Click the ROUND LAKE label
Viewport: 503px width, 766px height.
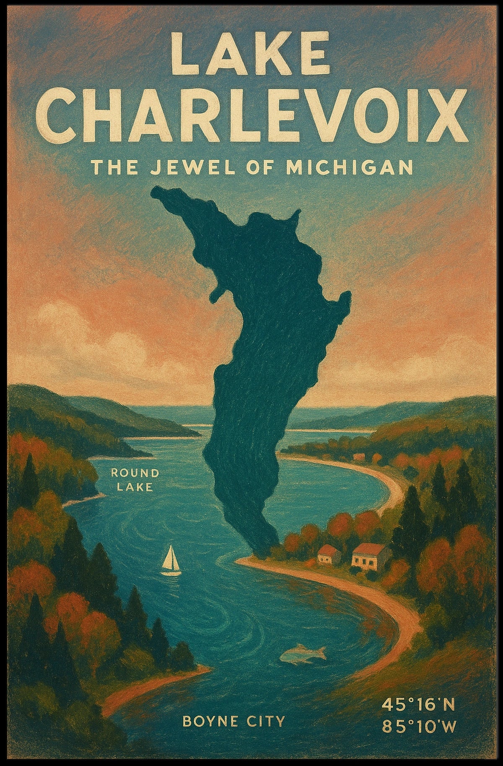[135, 480]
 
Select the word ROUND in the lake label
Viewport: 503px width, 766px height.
[135, 473]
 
